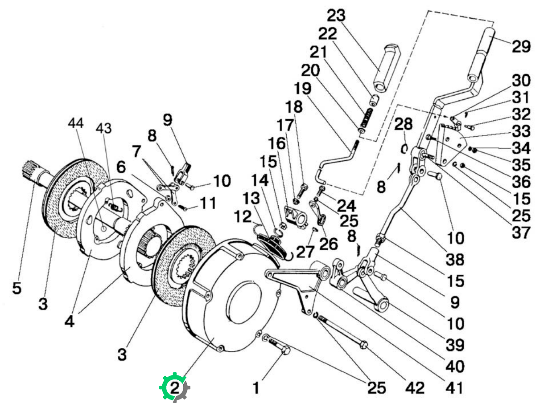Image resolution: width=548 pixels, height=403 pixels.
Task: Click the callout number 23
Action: pyautogui.click(x=336, y=16)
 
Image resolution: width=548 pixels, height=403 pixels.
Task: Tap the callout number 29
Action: pyautogui.click(x=522, y=46)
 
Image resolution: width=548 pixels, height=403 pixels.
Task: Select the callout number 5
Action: pyautogui.click(x=17, y=288)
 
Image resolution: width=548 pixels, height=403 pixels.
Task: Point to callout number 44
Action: pyautogui.click(x=76, y=123)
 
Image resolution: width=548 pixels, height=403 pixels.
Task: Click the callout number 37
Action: pyautogui.click(x=521, y=232)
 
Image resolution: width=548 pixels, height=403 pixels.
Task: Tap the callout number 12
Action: pyautogui.click(x=243, y=216)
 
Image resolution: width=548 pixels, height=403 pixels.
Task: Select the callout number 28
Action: pyautogui.click(x=403, y=124)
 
